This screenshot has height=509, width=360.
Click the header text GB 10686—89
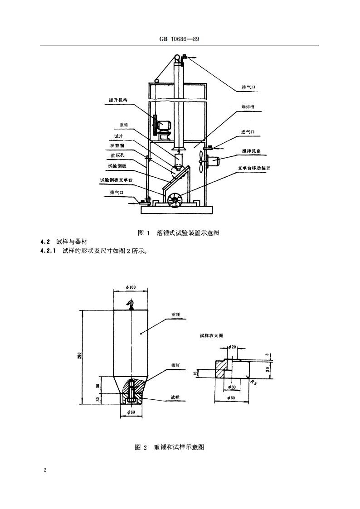click(180, 39)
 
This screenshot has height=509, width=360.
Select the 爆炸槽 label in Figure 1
click(248, 107)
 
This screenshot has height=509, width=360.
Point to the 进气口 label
click(248, 132)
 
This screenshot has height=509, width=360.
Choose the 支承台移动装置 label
click(253, 168)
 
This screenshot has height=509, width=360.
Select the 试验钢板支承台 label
click(117, 180)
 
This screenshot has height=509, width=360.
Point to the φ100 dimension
click(131, 287)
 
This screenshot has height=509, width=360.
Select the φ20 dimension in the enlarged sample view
click(232, 347)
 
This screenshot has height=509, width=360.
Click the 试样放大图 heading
click(212, 336)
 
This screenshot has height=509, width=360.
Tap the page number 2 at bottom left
click(45, 470)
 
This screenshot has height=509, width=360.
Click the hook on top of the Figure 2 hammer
click(131, 304)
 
